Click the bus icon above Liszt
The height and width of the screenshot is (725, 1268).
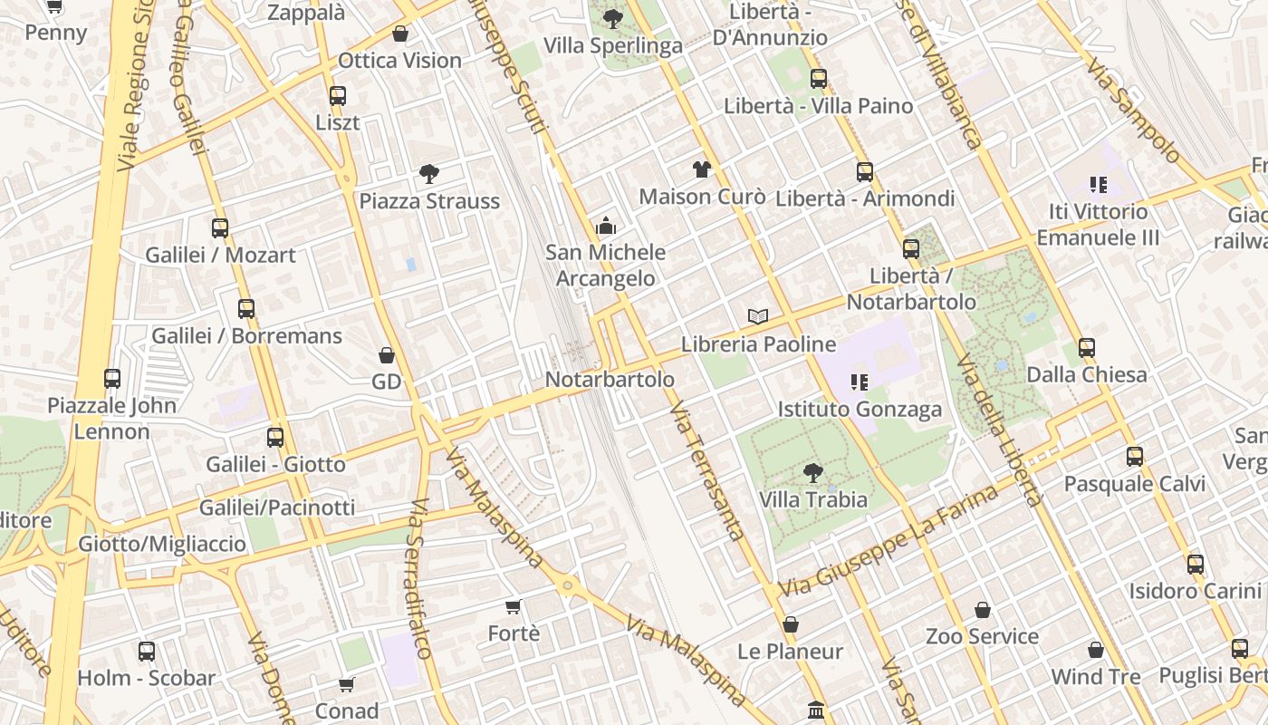338,95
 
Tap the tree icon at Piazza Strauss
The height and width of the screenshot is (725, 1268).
429,173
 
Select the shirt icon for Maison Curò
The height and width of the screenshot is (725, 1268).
702,169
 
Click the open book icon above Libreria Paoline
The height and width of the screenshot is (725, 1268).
758,316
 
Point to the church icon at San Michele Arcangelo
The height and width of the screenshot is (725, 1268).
606,226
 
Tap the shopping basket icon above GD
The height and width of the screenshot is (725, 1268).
387,354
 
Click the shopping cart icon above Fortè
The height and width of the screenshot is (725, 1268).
514,605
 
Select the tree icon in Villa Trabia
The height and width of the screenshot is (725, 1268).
813,472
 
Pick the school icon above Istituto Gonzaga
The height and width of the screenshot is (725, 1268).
860,382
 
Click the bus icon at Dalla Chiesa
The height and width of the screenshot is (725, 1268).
1087,347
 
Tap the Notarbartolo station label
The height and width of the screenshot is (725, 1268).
610,379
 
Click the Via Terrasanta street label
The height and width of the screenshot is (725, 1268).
708,471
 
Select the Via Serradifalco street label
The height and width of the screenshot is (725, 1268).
418,580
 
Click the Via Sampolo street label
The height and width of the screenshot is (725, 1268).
1134,111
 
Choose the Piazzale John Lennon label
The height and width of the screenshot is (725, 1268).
111,418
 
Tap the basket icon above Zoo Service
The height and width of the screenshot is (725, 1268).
983,610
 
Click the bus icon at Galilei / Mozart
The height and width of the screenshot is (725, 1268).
220,227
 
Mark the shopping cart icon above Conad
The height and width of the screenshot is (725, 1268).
347,684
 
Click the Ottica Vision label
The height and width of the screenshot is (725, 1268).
399,61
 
